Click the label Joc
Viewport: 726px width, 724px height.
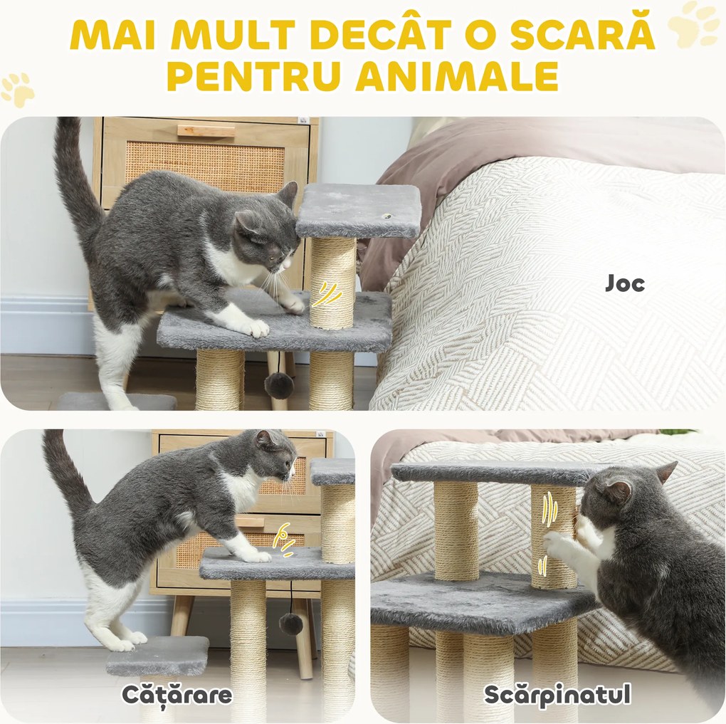coord(625,283)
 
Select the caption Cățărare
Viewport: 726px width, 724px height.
coord(177,694)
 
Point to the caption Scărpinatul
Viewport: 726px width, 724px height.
coord(557,695)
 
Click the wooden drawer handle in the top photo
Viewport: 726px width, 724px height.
coord(206,131)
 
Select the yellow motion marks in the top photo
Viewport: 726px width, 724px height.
coord(326,294)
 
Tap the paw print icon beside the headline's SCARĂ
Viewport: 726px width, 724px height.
coord(693,25)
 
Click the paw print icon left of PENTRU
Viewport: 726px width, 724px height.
coord(18,89)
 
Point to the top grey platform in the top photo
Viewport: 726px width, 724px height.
coord(358,210)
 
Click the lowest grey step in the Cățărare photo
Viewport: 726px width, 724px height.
coord(158,656)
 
